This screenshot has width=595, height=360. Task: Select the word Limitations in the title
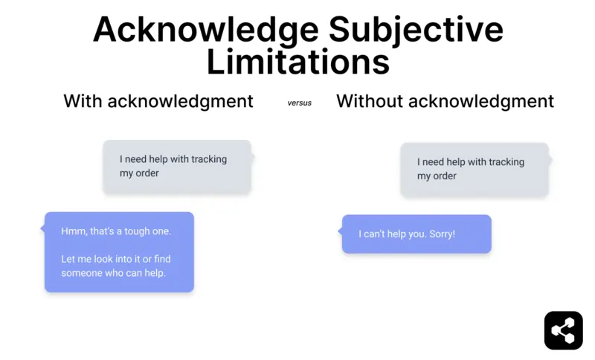click(x=297, y=62)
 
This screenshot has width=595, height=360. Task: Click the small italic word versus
click(x=300, y=103)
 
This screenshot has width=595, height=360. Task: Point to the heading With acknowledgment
click(x=158, y=101)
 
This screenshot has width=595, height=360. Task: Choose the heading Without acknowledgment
click(x=445, y=101)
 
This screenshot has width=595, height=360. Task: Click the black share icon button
click(x=563, y=330)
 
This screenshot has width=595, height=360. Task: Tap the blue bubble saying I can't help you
click(x=416, y=234)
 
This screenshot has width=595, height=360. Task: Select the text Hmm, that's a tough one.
click(x=116, y=231)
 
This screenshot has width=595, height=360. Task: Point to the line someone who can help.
click(x=113, y=273)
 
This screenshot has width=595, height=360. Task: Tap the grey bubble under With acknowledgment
click(x=177, y=167)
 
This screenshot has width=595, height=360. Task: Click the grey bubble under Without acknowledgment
click(x=475, y=170)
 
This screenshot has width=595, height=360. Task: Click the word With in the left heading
click(x=83, y=101)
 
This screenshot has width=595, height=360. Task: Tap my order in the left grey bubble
click(x=140, y=173)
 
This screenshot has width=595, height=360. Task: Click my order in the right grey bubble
click(x=437, y=176)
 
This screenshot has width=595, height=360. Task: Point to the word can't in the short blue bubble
click(x=376, y=234)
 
